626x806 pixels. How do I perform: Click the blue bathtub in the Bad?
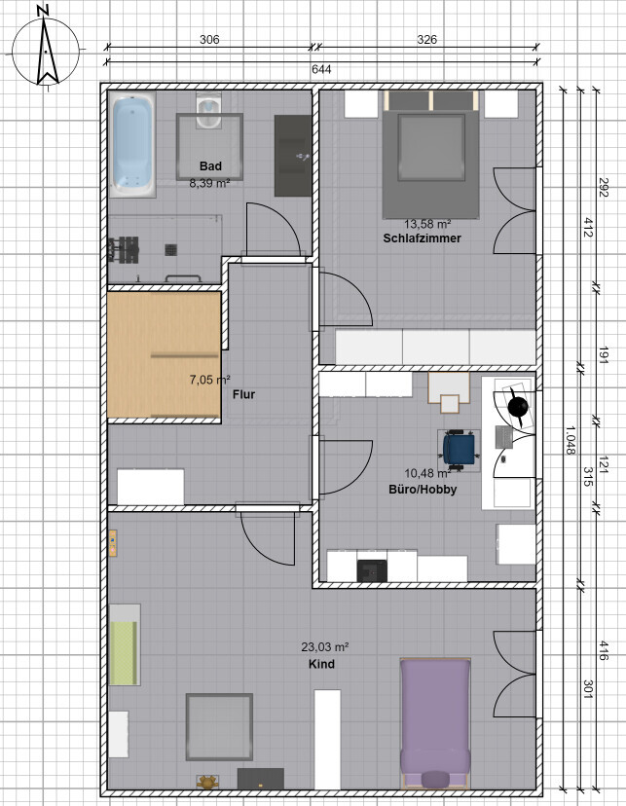pyautogui.click(x=132, y=144)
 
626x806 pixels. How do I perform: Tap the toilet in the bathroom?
pyautogui.click(x=208, y=111)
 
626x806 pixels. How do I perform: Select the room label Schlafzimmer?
pyautogui.click(x=422, y=238)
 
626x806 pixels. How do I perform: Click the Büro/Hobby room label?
pyautogui.click(x=423, y=490)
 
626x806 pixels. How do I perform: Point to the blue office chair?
pyautogui.click(x=459, y=448)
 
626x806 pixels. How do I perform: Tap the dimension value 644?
pyautogui.click(x=321, y=69)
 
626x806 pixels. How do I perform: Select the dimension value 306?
pyautogui.click(x=209, y=40)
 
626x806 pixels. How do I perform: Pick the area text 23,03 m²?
pyautogui.click(x=325, y=647)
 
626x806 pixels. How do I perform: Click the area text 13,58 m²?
pyautogui.click(x=427, y=224)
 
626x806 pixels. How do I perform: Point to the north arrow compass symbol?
pyautogui.click(x=46, y=51)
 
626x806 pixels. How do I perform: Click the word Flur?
pyautogui.click(x=243, y=394)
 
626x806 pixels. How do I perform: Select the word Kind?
pyautogui.click(x=321, y=664)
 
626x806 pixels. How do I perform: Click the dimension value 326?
pyautogui.click(x=426, y=40)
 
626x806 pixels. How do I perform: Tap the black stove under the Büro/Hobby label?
pyautogui.click(x=372, y=570)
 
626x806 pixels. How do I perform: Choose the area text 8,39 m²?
pyautogui.click(x=209, y=183)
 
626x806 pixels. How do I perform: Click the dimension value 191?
pyautogui.click(x=604, y=355)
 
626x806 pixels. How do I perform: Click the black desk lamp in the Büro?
pyautogui.click(x=518, y=406)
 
